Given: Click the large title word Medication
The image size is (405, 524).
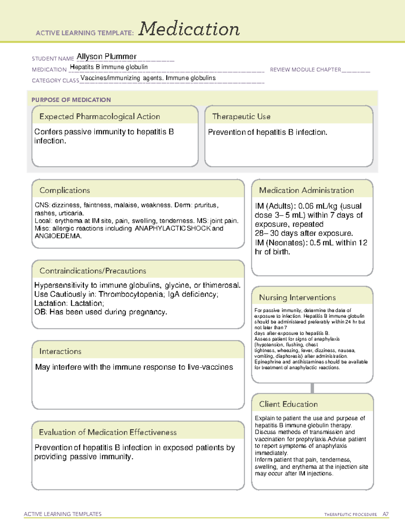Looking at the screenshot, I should click(189, 29).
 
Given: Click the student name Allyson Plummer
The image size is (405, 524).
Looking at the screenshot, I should click(106, 56).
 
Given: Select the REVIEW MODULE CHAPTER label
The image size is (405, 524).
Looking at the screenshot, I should click(305, 70).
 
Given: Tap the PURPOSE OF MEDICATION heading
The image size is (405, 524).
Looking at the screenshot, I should click(71, 100).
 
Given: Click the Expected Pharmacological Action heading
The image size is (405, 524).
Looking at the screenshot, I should click(100, 116).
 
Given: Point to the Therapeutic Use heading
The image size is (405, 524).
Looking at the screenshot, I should click(241, 116).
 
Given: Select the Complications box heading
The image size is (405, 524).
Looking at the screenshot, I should click(64, 190).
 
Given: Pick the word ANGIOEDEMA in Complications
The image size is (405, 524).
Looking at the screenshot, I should click(58, 236).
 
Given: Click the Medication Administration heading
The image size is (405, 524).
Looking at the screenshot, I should click(306, 190).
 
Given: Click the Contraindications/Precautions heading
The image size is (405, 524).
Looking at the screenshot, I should click(92, 271).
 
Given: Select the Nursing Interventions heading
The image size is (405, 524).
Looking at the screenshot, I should click(297, 297).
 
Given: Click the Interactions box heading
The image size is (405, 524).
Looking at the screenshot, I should click(60, 351).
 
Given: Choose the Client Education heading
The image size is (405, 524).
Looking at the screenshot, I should click(288, 404).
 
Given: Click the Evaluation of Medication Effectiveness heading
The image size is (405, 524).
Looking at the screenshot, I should click(108, 432).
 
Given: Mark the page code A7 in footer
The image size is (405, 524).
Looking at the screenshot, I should click(385, 514).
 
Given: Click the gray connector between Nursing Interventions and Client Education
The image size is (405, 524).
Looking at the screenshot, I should click(312, 388).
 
